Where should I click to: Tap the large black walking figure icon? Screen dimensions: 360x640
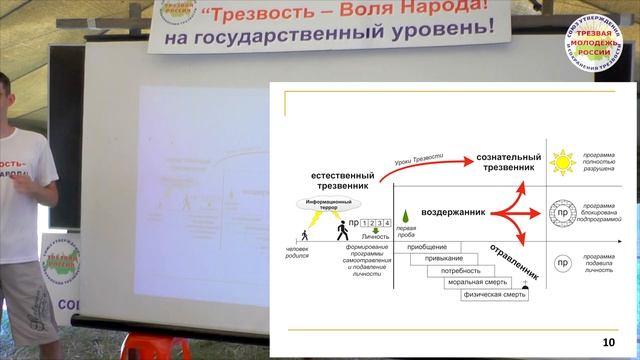tap(343, 230)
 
